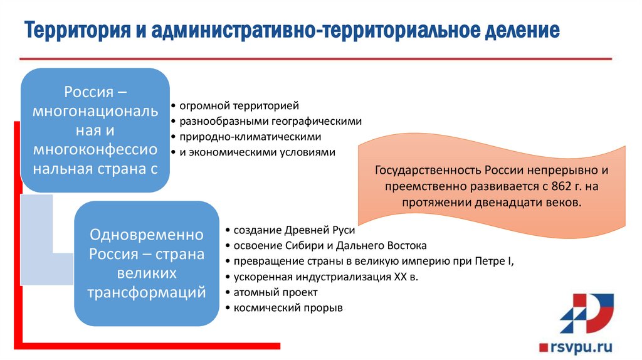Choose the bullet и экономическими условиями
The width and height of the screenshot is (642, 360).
[x=257, y=152]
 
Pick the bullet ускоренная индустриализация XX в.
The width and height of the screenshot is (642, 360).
[x=325, y=277]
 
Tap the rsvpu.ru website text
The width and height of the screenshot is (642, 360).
[x=581, y=346]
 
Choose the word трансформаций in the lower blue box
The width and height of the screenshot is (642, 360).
[x=147, y=292]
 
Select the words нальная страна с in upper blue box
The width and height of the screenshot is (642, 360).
[x=95, y=168]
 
